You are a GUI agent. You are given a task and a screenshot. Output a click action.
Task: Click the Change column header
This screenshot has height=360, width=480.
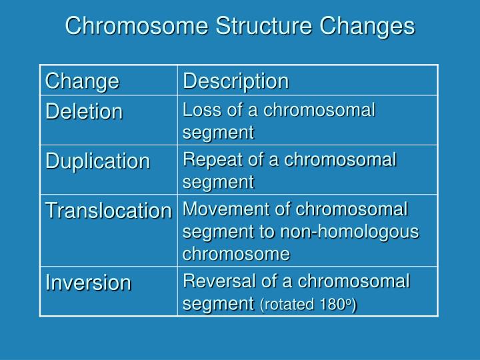coord(82,81)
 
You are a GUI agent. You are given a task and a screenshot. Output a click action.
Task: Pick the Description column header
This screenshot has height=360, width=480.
coord(236,81)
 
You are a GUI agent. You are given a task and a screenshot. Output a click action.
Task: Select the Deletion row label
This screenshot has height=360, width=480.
coord(84,111)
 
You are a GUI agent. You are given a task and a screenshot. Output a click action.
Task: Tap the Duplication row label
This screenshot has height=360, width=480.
coord(97,161)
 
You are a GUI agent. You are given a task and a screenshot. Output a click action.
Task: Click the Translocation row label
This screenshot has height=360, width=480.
coord(109,211)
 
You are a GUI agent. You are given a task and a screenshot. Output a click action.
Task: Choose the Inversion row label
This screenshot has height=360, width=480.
coord(88,283)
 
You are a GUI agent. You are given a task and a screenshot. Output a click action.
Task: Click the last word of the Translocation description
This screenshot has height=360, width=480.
coord(237,254)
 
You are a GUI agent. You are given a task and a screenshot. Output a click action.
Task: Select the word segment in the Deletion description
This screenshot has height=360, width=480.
coord(218,132)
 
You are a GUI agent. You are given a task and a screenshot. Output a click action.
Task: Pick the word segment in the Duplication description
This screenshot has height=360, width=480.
coord(218,181)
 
